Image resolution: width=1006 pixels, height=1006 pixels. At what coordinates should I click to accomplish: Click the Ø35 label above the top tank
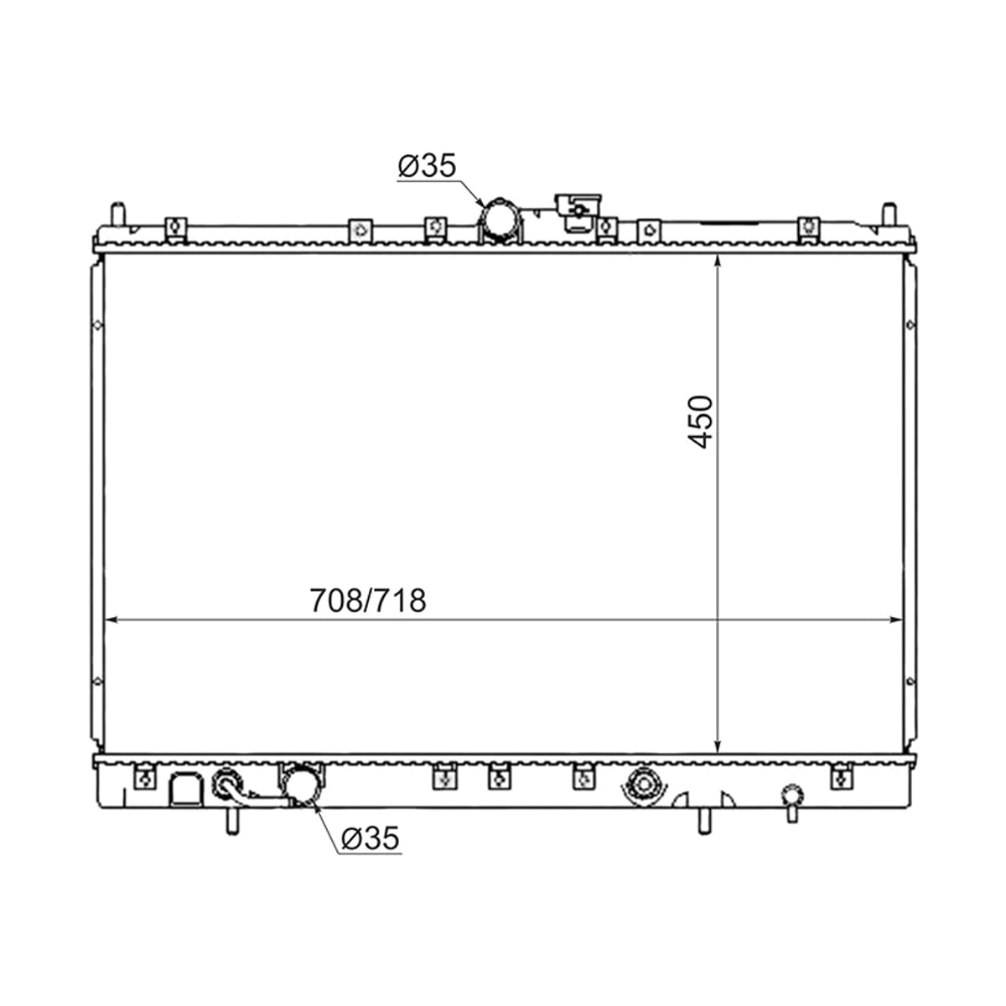[x=427, y=165]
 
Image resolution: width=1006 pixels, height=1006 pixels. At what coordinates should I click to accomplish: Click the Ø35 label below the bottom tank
[x=370, y=838]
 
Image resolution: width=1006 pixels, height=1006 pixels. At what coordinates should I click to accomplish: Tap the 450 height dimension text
[x=699, y=423]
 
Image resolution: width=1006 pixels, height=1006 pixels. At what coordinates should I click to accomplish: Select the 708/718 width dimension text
[x=368, y=600]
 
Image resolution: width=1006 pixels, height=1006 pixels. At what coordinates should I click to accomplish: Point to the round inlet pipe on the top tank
[x=500, y=220]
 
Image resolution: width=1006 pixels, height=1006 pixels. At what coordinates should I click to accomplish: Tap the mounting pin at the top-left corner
[x=118, y=214]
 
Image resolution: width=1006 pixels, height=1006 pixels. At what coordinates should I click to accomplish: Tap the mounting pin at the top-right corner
[x=889, y=214]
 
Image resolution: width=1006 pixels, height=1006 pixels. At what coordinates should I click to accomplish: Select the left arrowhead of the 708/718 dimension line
[x=111, y=620]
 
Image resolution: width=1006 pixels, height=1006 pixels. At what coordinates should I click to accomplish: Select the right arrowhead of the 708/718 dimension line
[x=895, y=620]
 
